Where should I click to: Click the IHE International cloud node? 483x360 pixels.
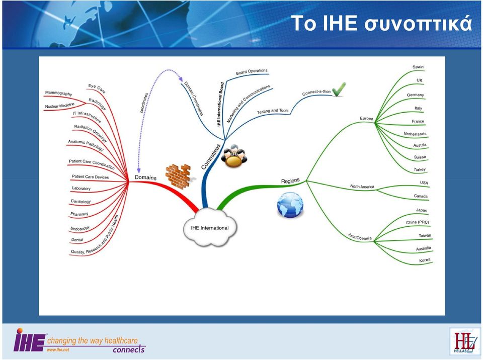210,228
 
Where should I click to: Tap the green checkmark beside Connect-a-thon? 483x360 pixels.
339,89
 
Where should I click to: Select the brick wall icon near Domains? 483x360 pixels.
179,176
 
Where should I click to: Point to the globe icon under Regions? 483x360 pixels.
290,205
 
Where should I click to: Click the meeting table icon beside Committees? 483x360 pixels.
234,156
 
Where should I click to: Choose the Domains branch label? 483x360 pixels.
145,177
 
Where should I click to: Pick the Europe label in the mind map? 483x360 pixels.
366,118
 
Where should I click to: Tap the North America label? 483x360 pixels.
362,187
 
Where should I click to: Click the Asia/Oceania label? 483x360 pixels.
360,236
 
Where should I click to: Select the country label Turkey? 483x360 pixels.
420,169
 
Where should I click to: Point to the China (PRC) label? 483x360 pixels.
418,222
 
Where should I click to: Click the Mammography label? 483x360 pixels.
58,93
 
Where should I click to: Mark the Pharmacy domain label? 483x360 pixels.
79,214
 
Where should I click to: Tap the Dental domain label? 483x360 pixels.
77,240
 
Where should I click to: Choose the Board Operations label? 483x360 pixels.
252,71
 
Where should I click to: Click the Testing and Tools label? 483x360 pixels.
273,111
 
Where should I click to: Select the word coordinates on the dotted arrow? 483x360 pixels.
144,103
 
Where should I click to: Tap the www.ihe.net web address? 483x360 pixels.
58,349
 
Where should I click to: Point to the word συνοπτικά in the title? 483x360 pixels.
418,24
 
